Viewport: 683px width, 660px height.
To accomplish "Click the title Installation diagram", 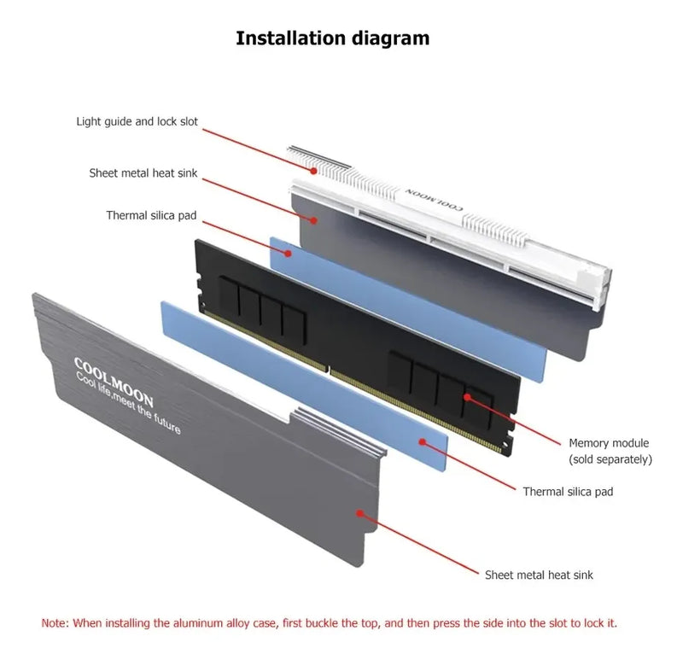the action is click(x=332, y=38).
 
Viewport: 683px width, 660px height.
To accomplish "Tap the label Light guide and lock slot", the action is click(x=137, y=121).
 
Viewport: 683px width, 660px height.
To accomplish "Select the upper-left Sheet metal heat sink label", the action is click(x=143, y=173).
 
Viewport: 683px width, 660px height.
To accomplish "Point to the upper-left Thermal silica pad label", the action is click(x=151, y=215).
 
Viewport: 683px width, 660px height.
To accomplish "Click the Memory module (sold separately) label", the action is click(x=610, y=451).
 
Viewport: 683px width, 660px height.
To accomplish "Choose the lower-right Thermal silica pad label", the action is click(x=568, y=492).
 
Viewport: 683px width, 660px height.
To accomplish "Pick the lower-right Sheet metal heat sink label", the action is click(x=539, y=575).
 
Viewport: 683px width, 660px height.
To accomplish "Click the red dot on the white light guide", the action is click(x=313, y=171).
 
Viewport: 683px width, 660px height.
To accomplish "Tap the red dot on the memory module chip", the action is click(x=467, y=397).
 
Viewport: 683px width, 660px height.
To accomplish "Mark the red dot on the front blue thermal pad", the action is click(x=422, y=441).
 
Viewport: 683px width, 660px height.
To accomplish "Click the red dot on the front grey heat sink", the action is click(x=359, y=513).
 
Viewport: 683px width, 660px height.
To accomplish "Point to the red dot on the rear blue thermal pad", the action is click(x=288, y=253).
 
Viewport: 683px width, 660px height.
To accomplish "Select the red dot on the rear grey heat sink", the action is click(x=313, y=220).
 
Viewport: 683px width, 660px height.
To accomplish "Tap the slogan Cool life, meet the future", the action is click(x=128, y=403).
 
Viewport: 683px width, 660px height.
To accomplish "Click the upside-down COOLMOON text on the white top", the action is click(x=434, y=200).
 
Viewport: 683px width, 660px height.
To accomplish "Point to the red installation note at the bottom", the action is click(x=330, y=623).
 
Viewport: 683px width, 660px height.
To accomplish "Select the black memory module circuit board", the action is click(x=357, y=348).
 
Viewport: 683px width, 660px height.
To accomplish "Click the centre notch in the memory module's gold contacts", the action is click(x=329, y=370).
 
